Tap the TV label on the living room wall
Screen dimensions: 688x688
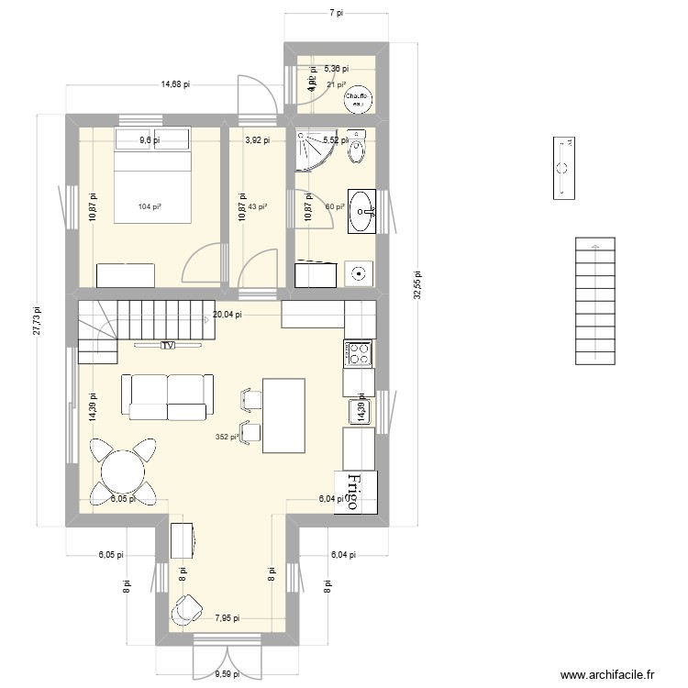click(167, 346)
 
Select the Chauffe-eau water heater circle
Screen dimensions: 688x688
click(355, 99)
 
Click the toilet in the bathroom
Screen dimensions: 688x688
click(359, 147)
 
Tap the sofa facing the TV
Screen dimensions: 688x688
click(171, 396)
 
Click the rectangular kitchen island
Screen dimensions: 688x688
click(283, 415)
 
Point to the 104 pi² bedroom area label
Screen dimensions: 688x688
click(150, 206)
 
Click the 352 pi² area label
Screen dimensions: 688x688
click(226, 437)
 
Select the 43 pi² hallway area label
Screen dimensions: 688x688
click(258, 206)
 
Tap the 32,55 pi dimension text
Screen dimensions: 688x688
click(417, 284)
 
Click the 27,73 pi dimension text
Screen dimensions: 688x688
click(37, 324)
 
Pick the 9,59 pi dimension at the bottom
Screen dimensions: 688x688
click(226, 673)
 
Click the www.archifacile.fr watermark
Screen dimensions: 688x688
click(609, 675)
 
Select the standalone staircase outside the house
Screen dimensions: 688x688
click(595, 301)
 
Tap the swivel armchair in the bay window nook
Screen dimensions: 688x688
click(189, 608)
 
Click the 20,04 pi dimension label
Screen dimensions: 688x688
click(227, 314)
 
